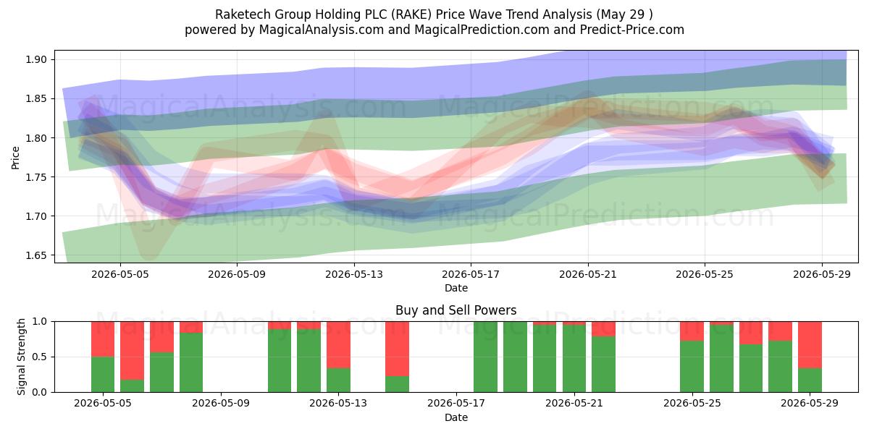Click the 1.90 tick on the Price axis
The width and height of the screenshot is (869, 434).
35,59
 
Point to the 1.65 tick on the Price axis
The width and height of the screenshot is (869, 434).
35,255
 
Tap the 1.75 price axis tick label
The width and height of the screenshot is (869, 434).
35,177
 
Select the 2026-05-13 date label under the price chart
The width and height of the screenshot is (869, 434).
354,274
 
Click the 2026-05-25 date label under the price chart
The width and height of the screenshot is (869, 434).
705,274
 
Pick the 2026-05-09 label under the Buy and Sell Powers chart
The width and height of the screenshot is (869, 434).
221,404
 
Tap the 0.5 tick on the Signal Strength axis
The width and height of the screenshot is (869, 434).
39,357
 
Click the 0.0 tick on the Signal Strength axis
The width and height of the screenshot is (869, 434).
39,392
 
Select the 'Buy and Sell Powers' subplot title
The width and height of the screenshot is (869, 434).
456,310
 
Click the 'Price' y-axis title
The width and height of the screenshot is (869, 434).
15,158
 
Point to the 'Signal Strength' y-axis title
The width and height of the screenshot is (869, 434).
21,357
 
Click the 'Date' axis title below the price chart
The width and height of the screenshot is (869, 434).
456,288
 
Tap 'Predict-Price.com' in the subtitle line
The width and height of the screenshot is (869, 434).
632,30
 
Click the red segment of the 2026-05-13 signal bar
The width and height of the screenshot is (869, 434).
338,344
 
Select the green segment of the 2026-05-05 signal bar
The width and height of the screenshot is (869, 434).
103,375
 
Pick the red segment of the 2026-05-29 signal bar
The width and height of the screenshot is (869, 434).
810,344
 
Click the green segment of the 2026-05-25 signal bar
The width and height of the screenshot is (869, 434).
692,366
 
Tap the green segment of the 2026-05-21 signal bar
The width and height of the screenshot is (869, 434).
574,359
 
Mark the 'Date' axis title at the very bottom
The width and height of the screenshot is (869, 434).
456,417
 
